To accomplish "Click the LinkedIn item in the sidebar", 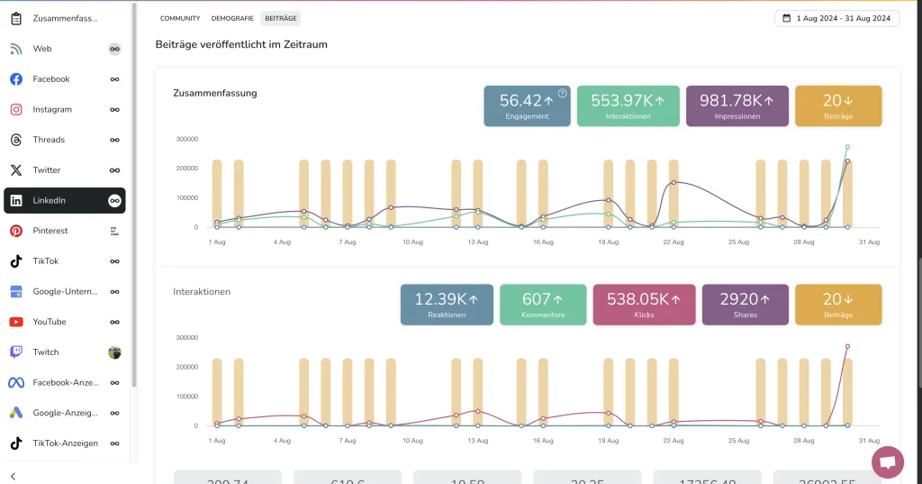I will tap(50, 200).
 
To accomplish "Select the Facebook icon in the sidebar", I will tap(16, 79).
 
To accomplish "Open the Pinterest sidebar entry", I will tap(50, 231).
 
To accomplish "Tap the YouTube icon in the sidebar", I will tap(16, 322).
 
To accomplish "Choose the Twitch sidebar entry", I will tap(46, 352).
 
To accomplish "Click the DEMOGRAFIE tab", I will tap(232, 18).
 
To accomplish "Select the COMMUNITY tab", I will tap(180, 18).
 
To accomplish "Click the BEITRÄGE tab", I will tap(281, 18).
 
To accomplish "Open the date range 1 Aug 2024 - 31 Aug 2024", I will tap(836, 18).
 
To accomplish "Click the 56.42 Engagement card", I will tap(527, 105).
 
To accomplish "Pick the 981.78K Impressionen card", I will tap(737, 105).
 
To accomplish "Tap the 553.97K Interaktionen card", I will tap(628, 105).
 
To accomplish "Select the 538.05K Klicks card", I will tap(644, 305).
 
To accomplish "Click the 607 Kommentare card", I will tap(543, 305).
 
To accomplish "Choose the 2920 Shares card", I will tap(745, 305).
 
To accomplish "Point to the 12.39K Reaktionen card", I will tap(447, 305).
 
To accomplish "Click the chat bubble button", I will tap(887, 462).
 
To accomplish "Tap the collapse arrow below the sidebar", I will tap(14, 476).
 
